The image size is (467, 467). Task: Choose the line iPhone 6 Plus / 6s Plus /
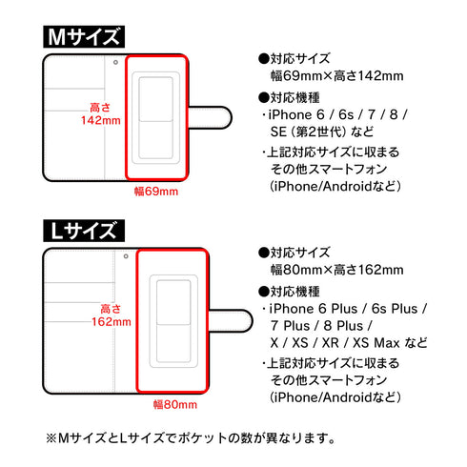(348, 310)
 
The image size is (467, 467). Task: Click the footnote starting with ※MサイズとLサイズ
(191, 438)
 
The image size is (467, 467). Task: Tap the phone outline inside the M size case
(157, 119)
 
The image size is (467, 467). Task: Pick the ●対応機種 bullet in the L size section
(291, 292)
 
